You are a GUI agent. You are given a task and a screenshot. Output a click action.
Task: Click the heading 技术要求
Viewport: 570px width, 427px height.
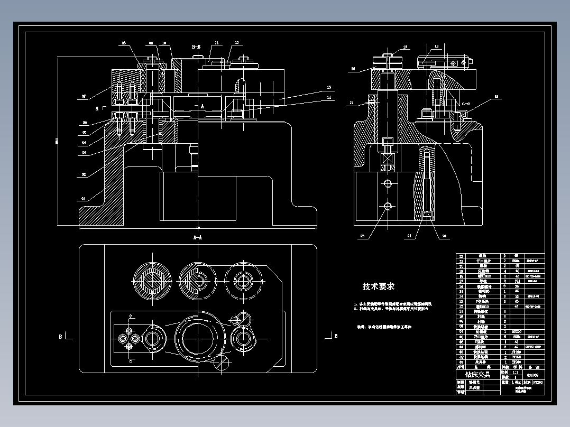coord(378,286)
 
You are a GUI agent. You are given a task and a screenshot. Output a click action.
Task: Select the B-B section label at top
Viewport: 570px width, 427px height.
coord(197,47)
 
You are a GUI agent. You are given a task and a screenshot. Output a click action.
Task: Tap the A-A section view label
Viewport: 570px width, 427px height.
coord(198,238)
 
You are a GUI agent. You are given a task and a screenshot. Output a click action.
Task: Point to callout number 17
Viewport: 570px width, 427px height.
coord(406,47)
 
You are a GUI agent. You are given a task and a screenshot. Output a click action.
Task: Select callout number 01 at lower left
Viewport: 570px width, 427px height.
coord(83,199)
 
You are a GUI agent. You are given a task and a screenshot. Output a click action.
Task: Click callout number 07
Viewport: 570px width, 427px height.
coord(83,97)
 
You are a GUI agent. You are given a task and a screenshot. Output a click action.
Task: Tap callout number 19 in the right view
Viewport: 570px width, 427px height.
coord(496,97)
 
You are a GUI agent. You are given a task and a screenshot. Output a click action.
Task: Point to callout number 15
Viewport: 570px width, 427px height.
coord(351,103)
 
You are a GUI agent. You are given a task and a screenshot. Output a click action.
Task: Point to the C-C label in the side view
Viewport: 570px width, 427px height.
coord(466,104)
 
